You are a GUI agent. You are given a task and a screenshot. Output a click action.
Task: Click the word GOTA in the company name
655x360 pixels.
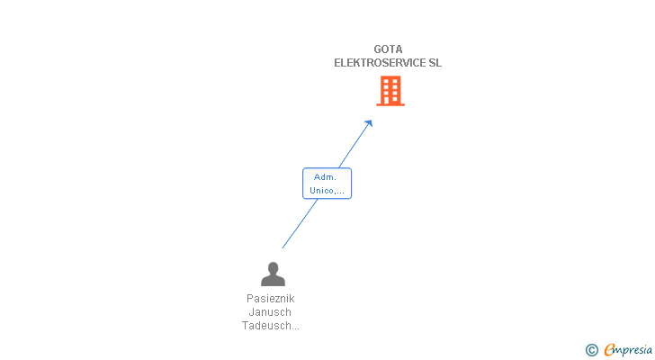click(x=388, y=49)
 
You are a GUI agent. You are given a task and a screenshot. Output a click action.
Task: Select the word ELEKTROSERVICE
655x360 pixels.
click(x=379, y=63)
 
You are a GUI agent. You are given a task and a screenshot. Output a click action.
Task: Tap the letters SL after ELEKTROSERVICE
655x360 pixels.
click(x=435, y=63)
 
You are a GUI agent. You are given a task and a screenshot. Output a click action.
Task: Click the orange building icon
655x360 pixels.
click(x=390, y=91)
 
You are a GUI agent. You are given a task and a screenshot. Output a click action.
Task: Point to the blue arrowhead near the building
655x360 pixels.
click(x=368, y=123)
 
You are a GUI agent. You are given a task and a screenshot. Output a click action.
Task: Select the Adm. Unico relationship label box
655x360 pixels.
click(x=327, y=183)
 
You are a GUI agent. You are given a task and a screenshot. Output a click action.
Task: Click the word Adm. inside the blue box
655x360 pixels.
click(x=325, y=176)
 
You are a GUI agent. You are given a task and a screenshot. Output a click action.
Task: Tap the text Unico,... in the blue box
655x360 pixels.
click(x=327, y=190)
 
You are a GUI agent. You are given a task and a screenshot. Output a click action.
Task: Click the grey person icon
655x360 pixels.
click(x=272, y=274)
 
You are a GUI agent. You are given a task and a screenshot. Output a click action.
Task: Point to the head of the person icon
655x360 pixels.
click(x=272, y=267)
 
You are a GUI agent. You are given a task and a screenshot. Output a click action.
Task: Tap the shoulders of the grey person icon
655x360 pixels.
click(x=272, y=281)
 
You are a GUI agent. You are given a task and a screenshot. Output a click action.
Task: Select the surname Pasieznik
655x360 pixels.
click(x=271, y=298)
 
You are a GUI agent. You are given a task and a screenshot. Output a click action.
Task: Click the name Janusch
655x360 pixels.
click(x=271, y=311)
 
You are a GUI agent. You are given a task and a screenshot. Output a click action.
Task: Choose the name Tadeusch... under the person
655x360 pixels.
click(x=271, y=326)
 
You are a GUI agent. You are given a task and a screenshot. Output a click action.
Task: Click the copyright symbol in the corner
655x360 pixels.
click(x=592, y=350)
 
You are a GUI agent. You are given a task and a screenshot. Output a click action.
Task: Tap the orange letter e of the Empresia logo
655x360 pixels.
click(x=609, y=349)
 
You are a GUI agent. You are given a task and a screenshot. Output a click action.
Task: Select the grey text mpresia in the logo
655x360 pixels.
click(x=633, y=350)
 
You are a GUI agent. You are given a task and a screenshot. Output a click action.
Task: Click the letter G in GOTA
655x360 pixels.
click(x=379, y=49)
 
